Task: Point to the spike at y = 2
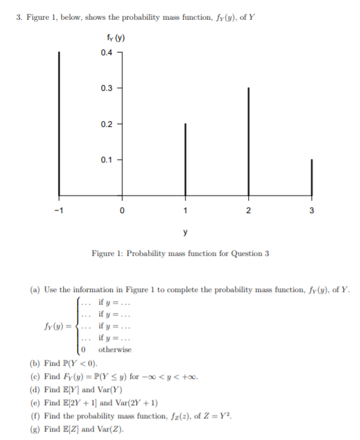pos(248,142)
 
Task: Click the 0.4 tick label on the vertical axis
pos(107,52)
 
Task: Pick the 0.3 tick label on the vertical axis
pos(107,88)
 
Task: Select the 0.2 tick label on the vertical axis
pos(107,124)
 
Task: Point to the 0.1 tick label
pos(107,160)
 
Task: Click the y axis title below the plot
pos(185,232)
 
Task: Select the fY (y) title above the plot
pos(116,36)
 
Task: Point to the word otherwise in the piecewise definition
pos(115,349)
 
